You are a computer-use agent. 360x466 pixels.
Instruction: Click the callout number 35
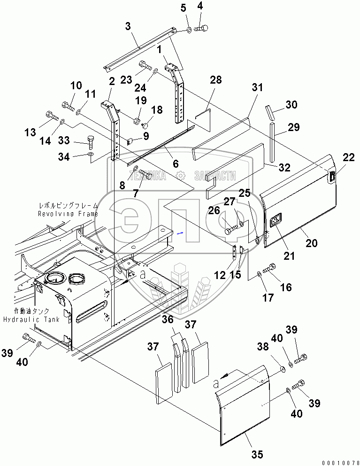pos(257,454)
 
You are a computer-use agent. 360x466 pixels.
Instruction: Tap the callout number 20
pos(312,243)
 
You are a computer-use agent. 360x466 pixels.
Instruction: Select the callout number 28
pos(215,80)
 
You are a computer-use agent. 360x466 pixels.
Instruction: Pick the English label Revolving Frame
pos(68,214)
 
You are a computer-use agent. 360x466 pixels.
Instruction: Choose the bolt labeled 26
pos(231,230)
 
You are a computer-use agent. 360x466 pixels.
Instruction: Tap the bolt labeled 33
pos(92,140)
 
